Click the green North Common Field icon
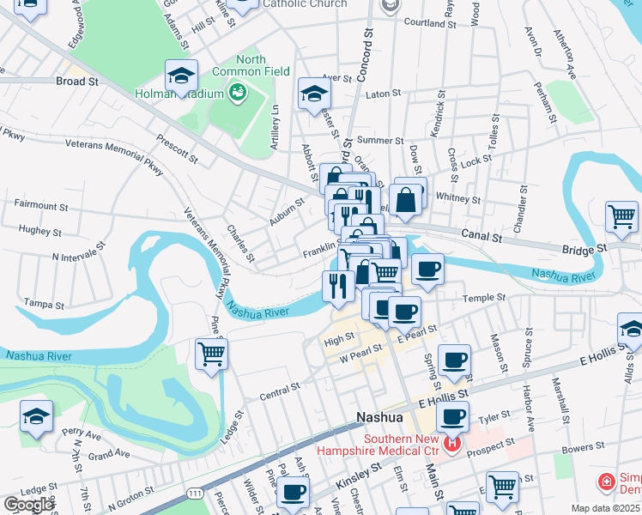[x=237, y=90]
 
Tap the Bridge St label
[x=584, y=247]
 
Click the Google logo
[x=28, y=505]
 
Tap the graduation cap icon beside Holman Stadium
[x=182, y=76]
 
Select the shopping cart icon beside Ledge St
[x=211, y=353]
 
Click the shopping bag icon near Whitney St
[x=405, y=200]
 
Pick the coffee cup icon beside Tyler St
[x=452, y=417]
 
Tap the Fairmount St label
[x=41, y=206]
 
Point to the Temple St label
[x=484, y=298]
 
